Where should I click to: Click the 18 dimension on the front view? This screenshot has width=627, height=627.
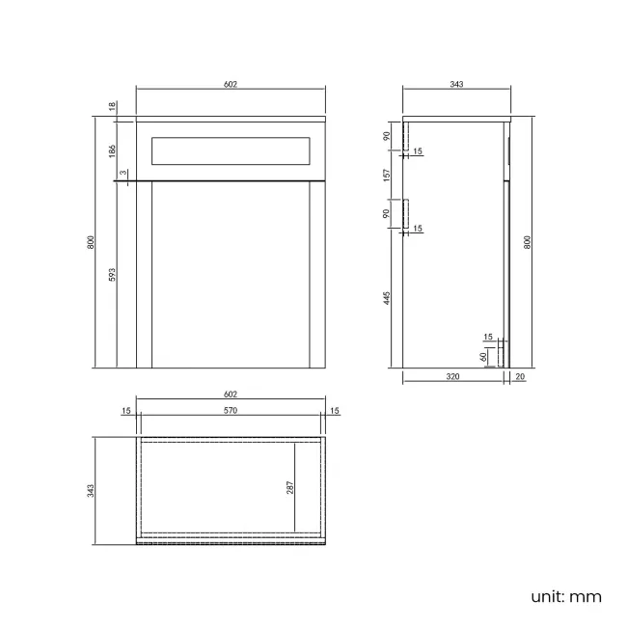[x=112, y=106]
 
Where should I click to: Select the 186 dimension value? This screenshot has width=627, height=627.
[x=112, y=150]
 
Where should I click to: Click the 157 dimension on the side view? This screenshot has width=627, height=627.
[x=386, y=176]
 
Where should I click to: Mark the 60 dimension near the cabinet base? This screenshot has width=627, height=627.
[x=483, y=356]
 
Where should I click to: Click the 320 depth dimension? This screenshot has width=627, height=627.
[x=453, y=378]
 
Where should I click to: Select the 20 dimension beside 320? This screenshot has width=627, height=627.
[x=521, y=378]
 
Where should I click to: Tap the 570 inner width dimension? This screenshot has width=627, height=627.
[x=231, y=411]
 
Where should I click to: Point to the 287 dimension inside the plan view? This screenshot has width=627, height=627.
[x=288, y=487]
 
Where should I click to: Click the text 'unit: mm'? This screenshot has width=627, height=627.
[x=565, y=596]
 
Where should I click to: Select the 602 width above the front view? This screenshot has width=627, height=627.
[x=231, y=85]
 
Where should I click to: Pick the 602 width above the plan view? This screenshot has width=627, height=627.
[x=231, y=394]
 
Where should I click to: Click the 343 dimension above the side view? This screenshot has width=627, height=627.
[x=457, y=85]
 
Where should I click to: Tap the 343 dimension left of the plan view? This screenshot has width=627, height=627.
[x=92, y=490]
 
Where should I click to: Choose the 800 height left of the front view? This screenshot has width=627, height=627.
[x=92, y=243]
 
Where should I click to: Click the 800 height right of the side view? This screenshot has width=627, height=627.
[x=529, y=243]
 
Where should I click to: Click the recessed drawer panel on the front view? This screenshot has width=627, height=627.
[x=231, y=151]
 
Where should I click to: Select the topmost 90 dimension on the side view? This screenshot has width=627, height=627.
[x=386, y=136]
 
